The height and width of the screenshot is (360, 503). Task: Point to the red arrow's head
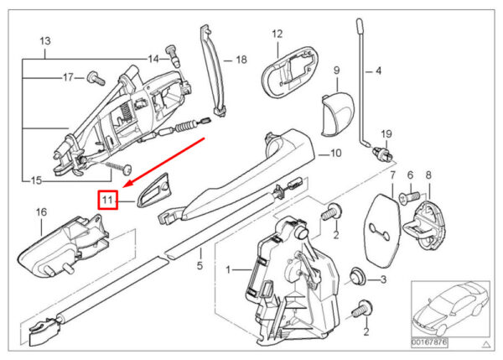point(124,187)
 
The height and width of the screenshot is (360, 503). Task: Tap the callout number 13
point(45,41)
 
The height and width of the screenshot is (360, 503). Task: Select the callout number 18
point(241,60)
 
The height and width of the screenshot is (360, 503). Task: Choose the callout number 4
point(377,71)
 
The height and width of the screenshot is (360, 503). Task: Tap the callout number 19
point(386,135)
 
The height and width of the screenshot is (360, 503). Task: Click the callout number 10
point(334,154)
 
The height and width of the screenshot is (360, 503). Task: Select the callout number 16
point(40,213)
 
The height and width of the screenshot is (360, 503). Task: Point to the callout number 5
point(200,268)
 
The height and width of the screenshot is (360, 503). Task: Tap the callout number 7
point(391,175)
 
